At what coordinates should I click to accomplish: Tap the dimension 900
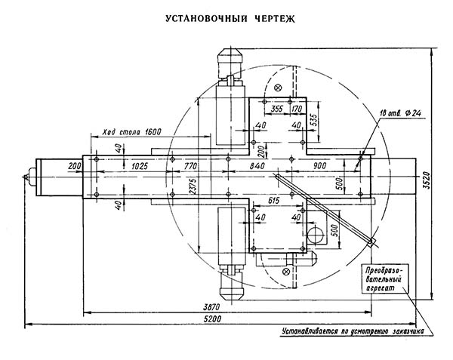click(x=319, y=164)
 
